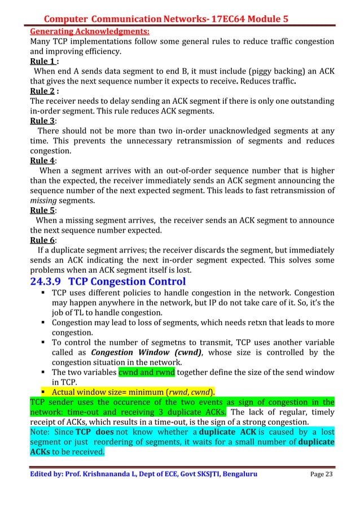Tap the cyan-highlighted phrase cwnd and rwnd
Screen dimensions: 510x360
click(x=147, y=372)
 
